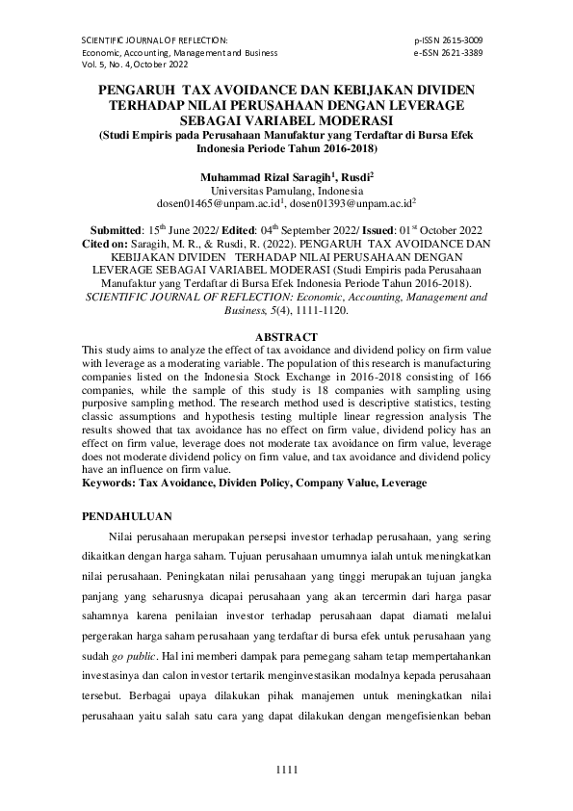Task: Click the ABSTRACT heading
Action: [286, 336]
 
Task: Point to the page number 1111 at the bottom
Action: [287, 767]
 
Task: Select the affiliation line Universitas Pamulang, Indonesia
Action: [286, 191]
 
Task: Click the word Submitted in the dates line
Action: [117, 231]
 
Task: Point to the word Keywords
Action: [109, 481]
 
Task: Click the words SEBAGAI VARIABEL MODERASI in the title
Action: [286, 120]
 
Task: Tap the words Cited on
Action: [107, 245]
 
